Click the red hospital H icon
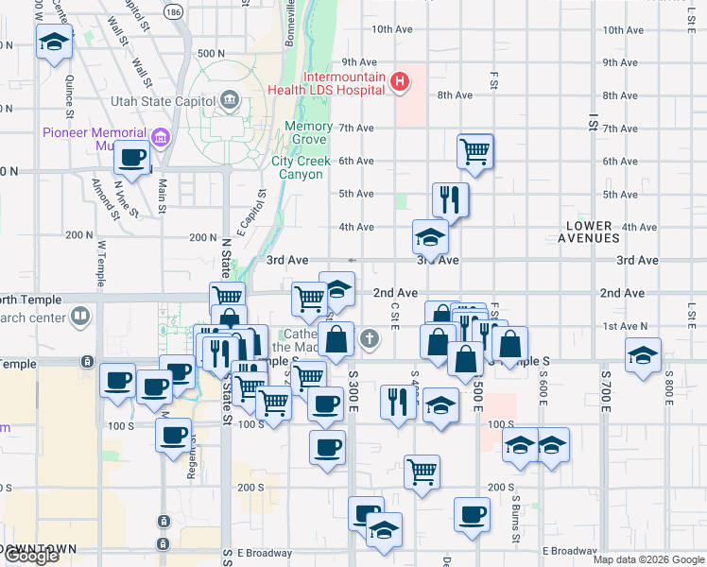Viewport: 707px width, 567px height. pyautogui.click(x=400, y=83)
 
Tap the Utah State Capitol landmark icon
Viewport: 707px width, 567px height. pyautogui.click(x=230, y=99)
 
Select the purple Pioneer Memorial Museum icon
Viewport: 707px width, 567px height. pyautogui.click(x=161, y=140)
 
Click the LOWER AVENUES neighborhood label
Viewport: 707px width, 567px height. pyautogui.click(x=603, y=232)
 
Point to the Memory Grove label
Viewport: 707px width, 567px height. pyautogui.click(x=307, y=133)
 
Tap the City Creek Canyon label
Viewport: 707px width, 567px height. pyautogui.click(x=302, y=167)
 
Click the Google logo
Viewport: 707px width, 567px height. pyautogui.click(x=31, y=556)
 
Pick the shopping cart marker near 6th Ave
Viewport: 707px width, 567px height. pyautogui.click(x=474, y=150)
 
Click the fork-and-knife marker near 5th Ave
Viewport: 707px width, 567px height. pyautogui.click(x=450, y=199)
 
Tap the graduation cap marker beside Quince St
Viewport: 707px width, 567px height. pyautogui.click(x=54, y=42)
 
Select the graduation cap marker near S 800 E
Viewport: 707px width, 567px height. pyautogui.click(x=643, y=356)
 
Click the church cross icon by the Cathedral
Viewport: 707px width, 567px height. pyautogui.click(x=370, y=336)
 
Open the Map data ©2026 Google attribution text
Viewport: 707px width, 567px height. pyautogui.click(x=647, y=559)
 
